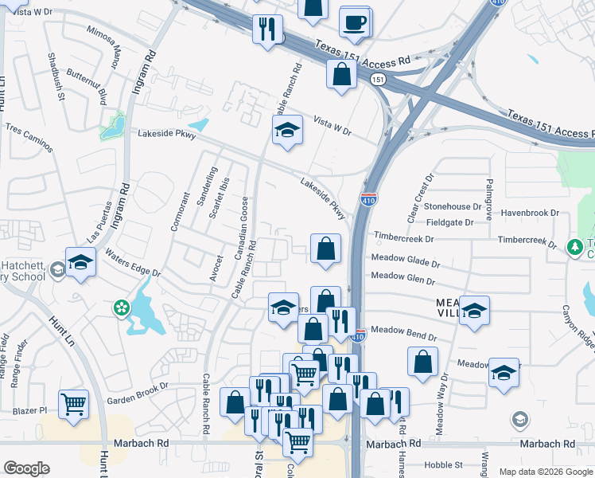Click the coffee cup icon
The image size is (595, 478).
[354, 22]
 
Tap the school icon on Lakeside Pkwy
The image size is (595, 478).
[287, 130]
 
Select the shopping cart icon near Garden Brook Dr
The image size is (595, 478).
[73, 404]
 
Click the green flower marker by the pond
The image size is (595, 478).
[122, 307]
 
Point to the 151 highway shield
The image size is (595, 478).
[379, 79]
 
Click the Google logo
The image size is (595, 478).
[26, 468]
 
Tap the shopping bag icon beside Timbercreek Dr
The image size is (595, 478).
[325, 249]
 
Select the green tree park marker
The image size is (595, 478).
[574, 247]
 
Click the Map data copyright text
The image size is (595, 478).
[544, 472]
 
